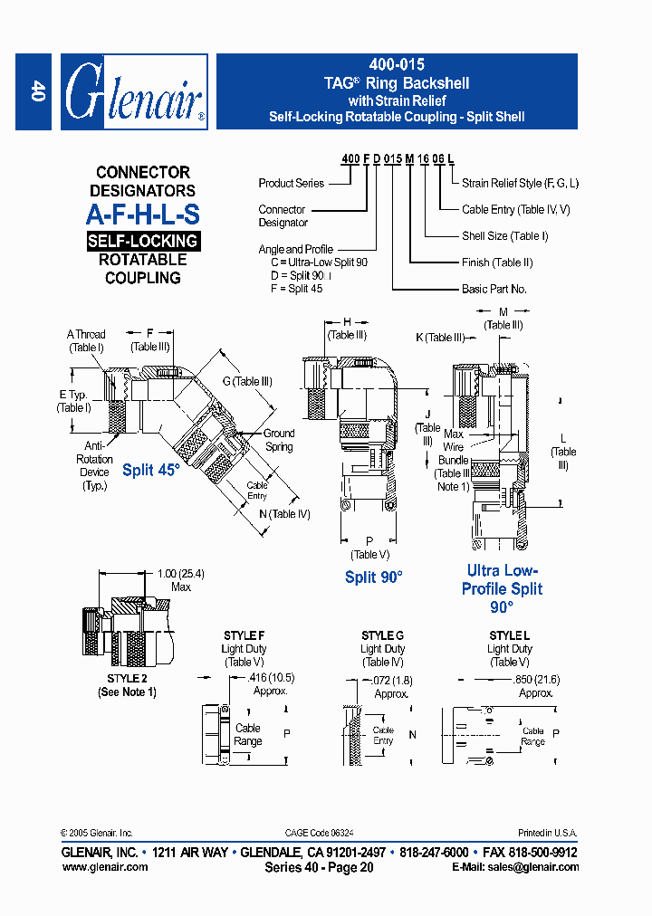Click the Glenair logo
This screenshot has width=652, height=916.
pos(134,91)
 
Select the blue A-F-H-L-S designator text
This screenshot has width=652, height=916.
pos(142,215)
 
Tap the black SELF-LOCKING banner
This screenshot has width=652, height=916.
pos(142,241)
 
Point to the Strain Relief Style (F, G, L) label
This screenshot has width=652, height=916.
pos(520,183)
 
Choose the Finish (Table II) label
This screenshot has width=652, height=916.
pos(497,262)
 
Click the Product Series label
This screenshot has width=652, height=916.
pos(291,183)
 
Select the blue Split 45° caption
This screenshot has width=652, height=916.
pos(151,470)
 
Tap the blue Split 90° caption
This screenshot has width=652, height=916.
pos(373,577)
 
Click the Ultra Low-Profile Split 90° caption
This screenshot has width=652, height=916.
pos(502,588)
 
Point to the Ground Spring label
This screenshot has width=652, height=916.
pos(279,440)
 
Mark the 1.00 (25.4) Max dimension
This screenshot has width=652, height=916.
pos(180,580)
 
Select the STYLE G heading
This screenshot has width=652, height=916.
pos(382,635)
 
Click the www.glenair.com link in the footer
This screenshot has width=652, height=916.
pos(104,866)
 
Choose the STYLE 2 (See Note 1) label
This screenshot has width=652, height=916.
pos(127,685)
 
